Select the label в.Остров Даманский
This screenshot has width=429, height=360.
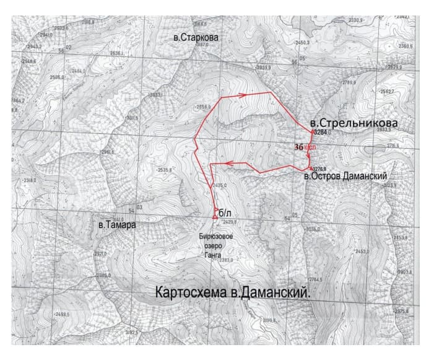tap(350, 177)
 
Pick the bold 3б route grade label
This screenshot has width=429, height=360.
tap(300, 147)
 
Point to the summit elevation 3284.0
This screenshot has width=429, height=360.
tap(323, 133)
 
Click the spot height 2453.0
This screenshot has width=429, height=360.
tap(361, 252)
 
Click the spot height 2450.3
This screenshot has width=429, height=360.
tap(301, 42)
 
